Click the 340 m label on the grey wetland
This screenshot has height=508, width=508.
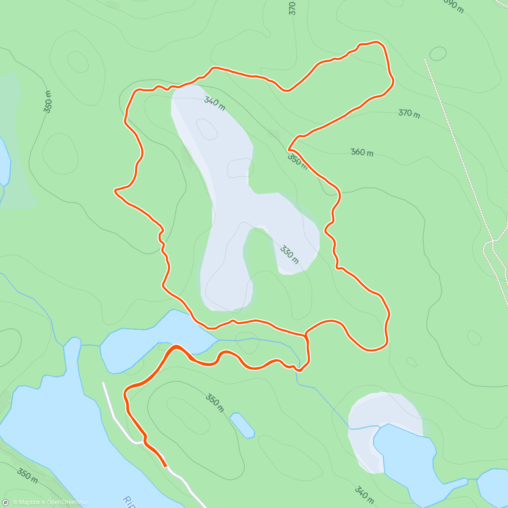coord(215,103)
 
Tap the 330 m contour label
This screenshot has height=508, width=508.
coord(290,254)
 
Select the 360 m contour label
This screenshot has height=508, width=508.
coord(362,152)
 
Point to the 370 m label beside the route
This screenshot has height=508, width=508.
coord(409,113)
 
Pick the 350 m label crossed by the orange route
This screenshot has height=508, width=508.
coord(297,160)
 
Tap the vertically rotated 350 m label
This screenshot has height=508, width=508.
coord(48,102)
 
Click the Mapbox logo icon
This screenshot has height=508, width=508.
coord(6,502)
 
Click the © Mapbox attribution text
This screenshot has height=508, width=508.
coord(27,502)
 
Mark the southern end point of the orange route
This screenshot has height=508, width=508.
coord(165,466)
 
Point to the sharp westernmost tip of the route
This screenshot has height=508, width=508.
coord(115,191)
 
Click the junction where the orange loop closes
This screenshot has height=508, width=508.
coord(305,335)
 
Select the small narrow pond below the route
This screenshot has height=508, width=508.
coord(242,425)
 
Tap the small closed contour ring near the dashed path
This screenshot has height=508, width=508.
coord(438,53)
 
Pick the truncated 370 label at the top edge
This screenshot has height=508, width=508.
coord(293,8)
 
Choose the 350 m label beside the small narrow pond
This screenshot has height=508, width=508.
coord(215,403)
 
